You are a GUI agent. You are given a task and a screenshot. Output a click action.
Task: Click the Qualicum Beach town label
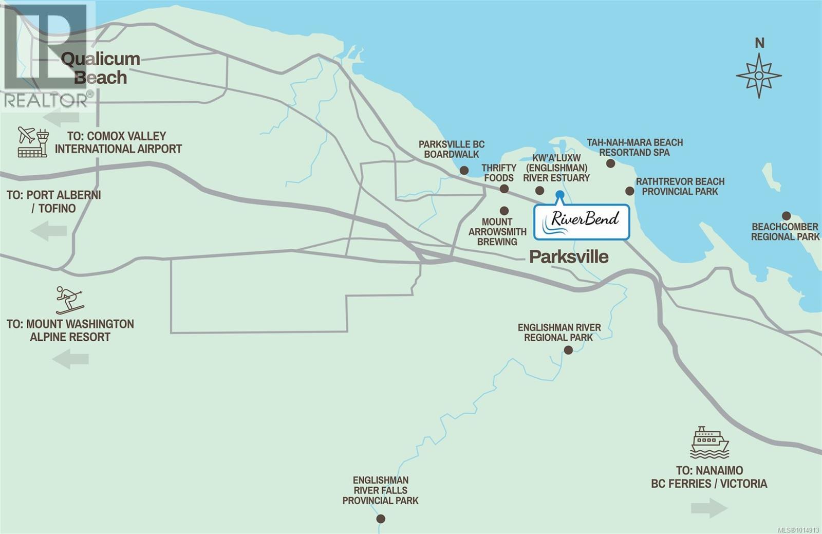[100, 68]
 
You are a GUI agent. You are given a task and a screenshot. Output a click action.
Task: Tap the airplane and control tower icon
[33, 142]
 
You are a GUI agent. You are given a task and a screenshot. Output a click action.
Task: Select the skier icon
[69, 300]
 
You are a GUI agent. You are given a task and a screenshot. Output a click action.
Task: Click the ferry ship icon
[709, 442]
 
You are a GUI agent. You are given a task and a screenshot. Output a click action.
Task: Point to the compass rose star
[759, 76]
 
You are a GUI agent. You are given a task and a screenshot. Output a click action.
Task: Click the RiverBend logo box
[582, 222]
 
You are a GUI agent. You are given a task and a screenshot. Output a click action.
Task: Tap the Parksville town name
[569, 256]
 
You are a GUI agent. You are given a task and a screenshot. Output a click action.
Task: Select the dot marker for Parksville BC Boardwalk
[464, 170]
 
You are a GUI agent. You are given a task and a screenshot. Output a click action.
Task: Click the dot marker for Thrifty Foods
[504, 189]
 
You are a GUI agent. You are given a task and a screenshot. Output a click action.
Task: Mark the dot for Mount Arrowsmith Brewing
[504, 211]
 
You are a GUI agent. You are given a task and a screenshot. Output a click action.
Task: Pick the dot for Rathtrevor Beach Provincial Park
[629, 191]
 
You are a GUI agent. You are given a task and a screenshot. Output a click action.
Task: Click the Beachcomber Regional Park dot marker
[786, 215]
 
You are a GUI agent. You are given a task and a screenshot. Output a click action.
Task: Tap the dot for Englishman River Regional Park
[568, 350]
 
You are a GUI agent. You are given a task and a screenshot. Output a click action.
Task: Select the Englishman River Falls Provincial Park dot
[381, 519]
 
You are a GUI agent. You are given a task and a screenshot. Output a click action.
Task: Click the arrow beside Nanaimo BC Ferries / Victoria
[709, 508]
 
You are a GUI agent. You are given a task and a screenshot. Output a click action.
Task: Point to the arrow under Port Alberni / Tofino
[49, 231]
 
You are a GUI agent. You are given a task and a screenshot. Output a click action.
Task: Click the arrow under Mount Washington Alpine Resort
[70, 358]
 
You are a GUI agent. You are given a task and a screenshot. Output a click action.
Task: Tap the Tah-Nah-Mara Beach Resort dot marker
[610, 163]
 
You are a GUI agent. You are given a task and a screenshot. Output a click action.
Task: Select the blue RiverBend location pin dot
[560, 194]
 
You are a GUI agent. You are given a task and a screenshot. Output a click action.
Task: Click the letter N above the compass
[759, 43]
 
